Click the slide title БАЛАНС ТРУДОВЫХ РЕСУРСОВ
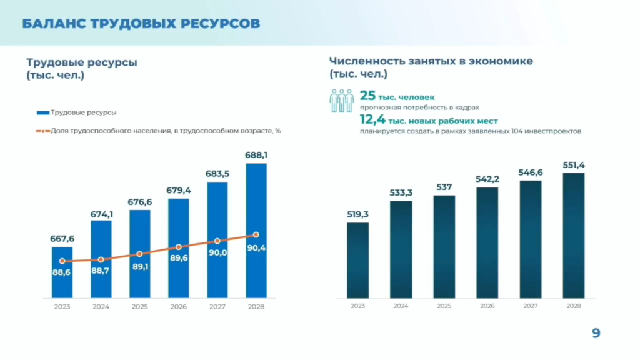pyautogui.click(x=141, y=24)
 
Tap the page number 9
pyautogui.click(x=596, y=334)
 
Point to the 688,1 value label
pyautogui.click(x=256, y=154)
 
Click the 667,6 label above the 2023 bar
pyautogui.click(x=62, y=238)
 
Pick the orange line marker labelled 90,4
pyautogui.click(x=256, y=235)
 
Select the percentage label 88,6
pyautogui.click(x=62, y=272)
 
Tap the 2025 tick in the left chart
pyautogui.click(x=140, y=307)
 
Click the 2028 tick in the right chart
pyautogui.click(x=573, y=306)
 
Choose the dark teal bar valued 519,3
pyautogui.click(x=357, y=260)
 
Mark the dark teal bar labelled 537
pyautogui.click(x=444, y=247)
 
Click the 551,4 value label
pyautogui.click(x=573, y=164)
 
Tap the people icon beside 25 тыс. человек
pyautogui.click(x=342, y=101)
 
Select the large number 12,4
pyautogui.click(x=372, y=119)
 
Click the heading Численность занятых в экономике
pyautogui.click(x=431, y=61)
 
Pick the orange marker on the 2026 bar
pyautogui.click(x=178, y=247)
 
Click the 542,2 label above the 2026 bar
pyautogui.click(x=487, y=179)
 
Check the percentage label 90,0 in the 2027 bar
pyautogui.click(x=217, y=252)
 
